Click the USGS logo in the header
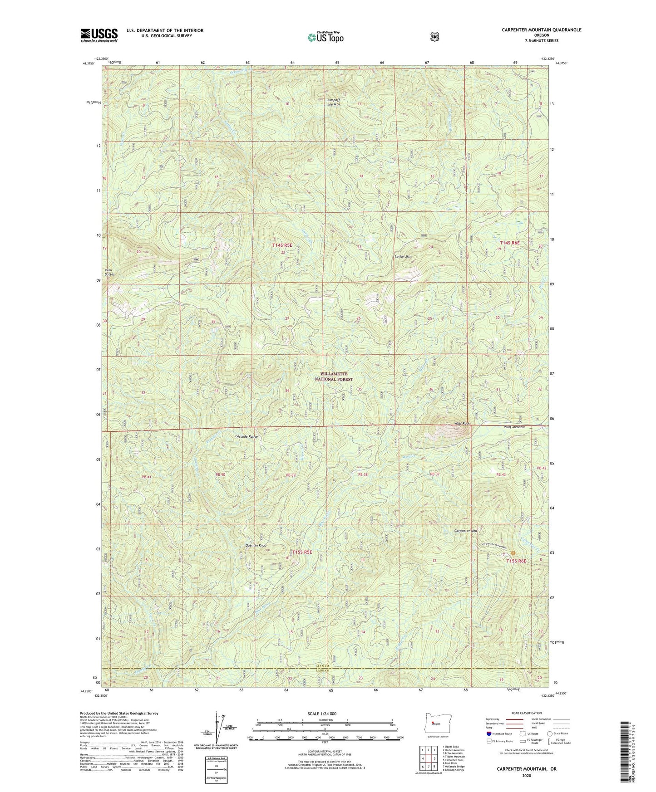(99, 35)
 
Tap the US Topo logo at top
(325, 37)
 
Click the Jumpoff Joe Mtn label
(334, 102)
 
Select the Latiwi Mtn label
(403, 257)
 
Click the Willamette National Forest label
(335, 376)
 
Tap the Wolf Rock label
(462, 424)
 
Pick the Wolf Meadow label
(514, 427)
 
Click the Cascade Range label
(247, 436)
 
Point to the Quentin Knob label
(256, 545)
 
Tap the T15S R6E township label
(516, 561)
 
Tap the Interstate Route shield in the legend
(488, 733)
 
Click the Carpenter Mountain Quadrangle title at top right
(541, 30)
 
